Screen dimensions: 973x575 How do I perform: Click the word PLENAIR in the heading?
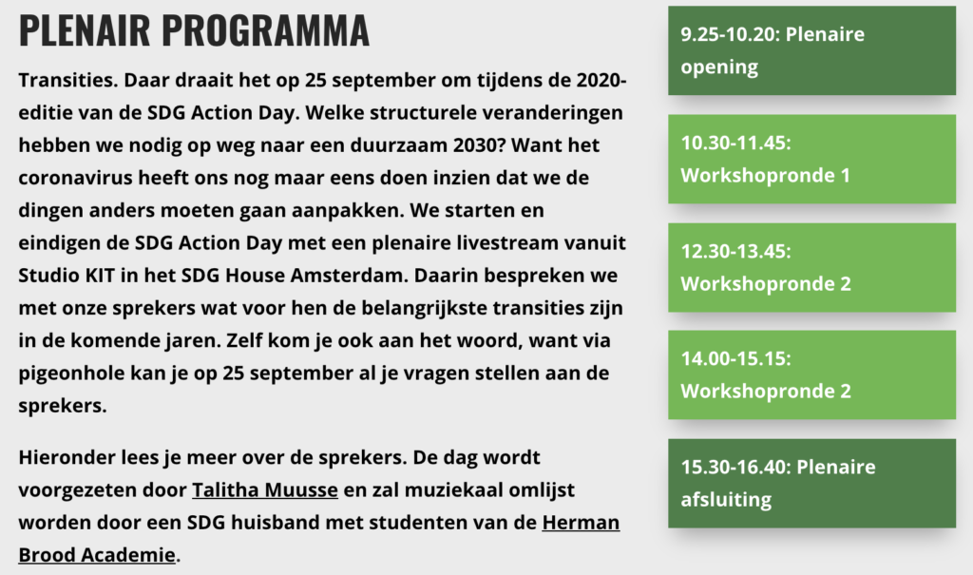tap(85, 29)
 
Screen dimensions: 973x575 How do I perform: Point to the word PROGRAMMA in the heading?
tap(266, 29)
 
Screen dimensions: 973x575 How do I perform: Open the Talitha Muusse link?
tap(265, 489)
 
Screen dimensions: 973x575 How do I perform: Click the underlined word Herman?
tap(581, 522)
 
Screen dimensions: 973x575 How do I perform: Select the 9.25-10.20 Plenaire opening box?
tap(811, 50)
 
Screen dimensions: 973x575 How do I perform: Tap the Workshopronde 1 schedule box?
tap(811, 159)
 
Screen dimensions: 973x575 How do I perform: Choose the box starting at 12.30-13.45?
tap(811, 268)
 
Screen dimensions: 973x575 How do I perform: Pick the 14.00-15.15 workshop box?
tap(811, 375)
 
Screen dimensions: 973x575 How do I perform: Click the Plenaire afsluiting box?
tap(811, 484)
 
